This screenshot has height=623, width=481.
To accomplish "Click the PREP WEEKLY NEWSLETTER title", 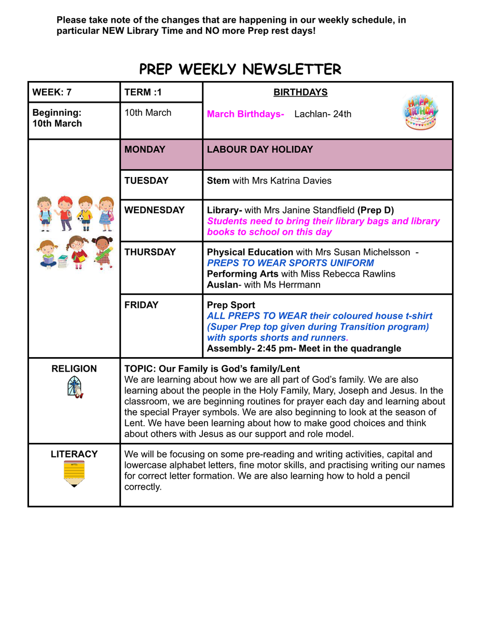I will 240,69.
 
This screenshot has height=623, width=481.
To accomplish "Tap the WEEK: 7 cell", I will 52,92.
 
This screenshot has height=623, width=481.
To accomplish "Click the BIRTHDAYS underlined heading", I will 300,92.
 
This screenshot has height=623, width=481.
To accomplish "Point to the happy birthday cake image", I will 420,113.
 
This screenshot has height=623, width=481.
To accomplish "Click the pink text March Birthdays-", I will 245,114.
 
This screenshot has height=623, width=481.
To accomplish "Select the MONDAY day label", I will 145,150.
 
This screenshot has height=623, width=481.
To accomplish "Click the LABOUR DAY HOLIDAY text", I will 260,150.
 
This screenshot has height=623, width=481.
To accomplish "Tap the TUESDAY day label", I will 146,181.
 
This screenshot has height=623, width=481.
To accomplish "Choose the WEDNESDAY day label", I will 155,210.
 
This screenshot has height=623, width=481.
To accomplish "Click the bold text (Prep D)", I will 376,210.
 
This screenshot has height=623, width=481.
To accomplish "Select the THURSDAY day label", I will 150,252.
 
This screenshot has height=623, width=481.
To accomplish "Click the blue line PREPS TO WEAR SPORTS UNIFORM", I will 290,263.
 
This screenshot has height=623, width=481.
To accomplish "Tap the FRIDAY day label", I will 142,305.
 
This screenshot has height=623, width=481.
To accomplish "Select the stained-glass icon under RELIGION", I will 75,388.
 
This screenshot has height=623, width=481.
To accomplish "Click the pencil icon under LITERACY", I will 74,473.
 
